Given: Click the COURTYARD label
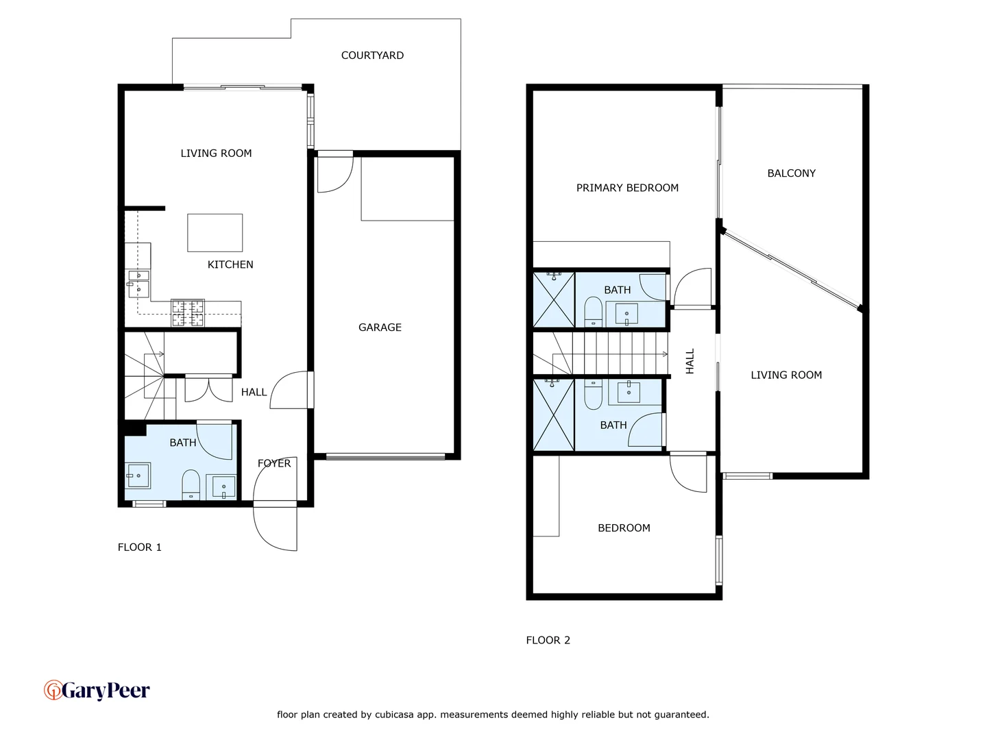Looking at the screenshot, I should click(x=372, y=56).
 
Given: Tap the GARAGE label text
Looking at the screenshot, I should click(x=380, y=328).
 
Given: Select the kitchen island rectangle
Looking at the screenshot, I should click(x=215, y=232).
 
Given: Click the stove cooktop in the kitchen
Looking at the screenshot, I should click(x=188, y=312).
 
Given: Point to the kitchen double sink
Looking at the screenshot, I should click(x=138, y=283).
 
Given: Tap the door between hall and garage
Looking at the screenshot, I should click(x=292, y=391).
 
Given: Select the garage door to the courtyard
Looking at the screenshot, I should click(x=334, y=173).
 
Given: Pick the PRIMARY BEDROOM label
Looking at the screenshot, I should click(x=627, y=188).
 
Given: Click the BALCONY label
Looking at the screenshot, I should click(x=791, y=173).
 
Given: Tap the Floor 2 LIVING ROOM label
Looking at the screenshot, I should click(x=786, y=375).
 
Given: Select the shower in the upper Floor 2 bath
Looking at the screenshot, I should click(x=554, y=300).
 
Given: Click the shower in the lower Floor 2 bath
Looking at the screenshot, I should click(x=554, y=415).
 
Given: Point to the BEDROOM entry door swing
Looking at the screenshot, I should click(x=688, y=473).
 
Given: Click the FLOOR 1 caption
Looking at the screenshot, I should click(x=140, y=547).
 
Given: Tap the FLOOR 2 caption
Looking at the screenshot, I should click(x=548, y=640).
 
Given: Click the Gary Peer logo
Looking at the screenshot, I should click(x=97, y=690).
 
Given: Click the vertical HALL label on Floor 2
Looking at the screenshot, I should click(x=690, y=361).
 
